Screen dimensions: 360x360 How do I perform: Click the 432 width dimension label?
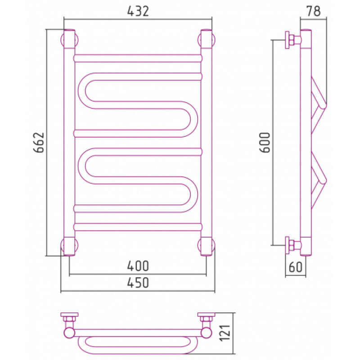point(138,11)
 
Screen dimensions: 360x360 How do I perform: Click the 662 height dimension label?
point(39,142)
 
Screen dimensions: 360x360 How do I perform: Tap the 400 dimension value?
point(138,266)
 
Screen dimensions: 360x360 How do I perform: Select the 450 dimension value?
point(138,283)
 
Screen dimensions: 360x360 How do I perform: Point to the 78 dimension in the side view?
point(313,11)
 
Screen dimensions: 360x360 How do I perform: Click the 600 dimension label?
point(265,142)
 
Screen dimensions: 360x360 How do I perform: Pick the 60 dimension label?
point(296,267)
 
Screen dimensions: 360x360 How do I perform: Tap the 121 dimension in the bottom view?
point(225,333)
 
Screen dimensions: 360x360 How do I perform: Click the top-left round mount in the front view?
point(69,40)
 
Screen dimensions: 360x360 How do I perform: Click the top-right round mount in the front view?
point(207,40)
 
